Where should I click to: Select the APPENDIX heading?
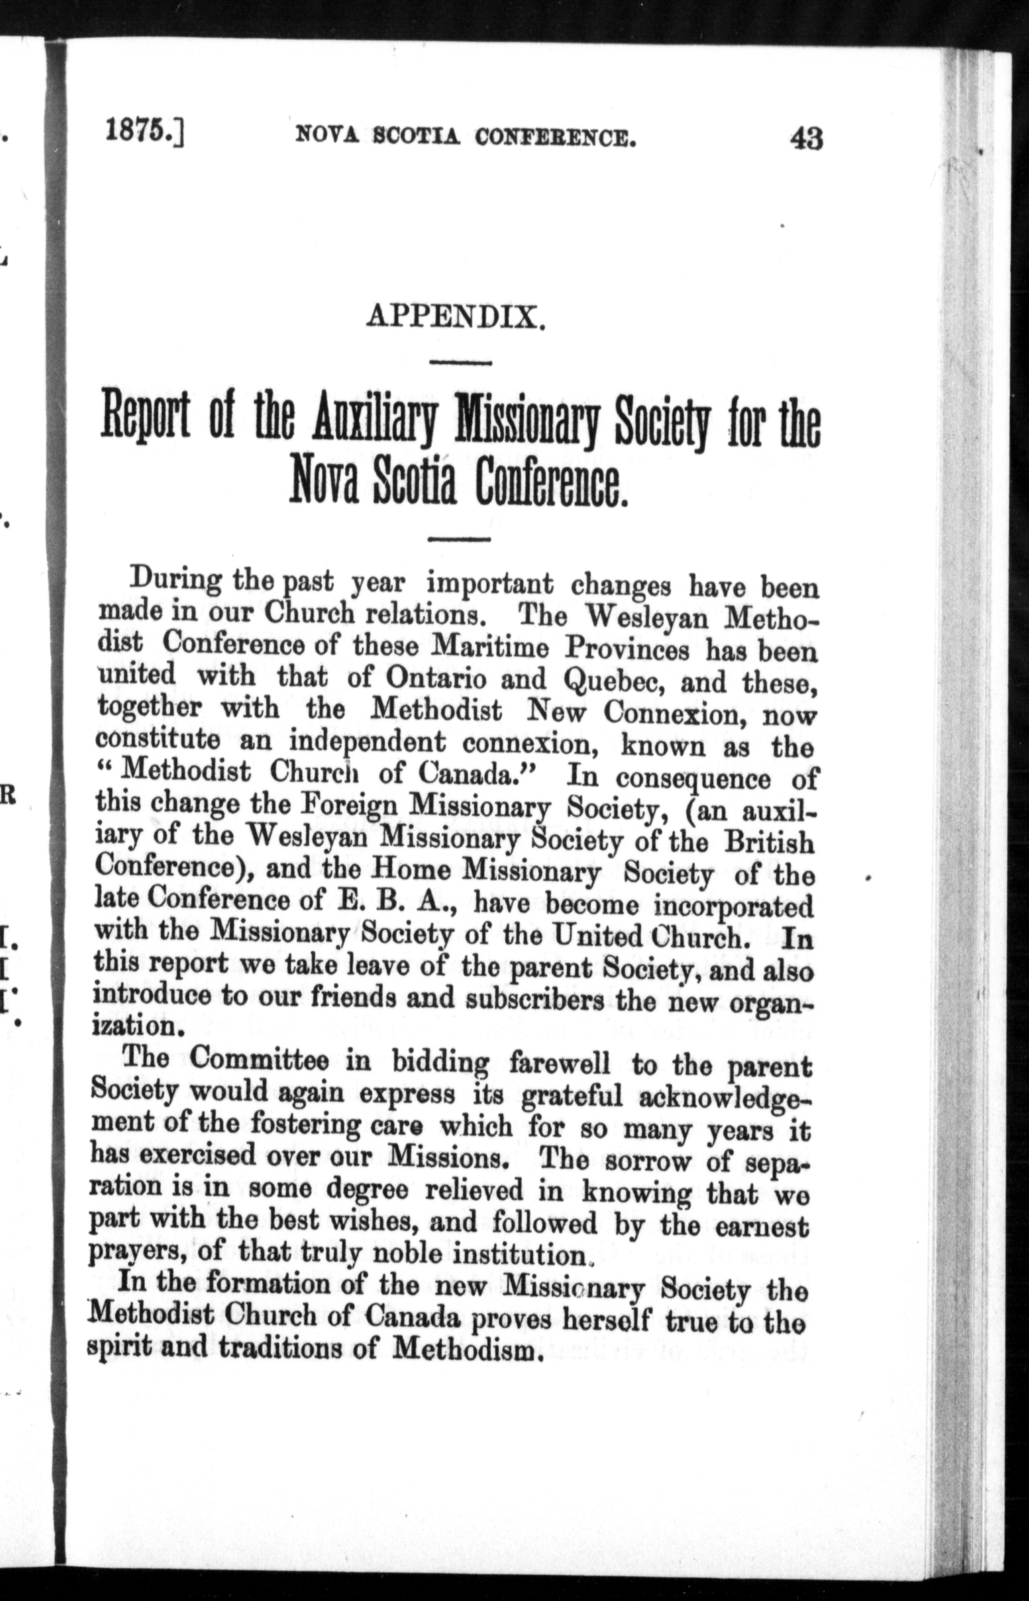(x=457, y=316)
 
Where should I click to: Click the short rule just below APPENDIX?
(x=460, y=363)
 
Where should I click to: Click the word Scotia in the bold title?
(x=414, y=486)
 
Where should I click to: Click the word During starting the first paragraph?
(x=176, y=580)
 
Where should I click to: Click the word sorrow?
(x=647, y=1162)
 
